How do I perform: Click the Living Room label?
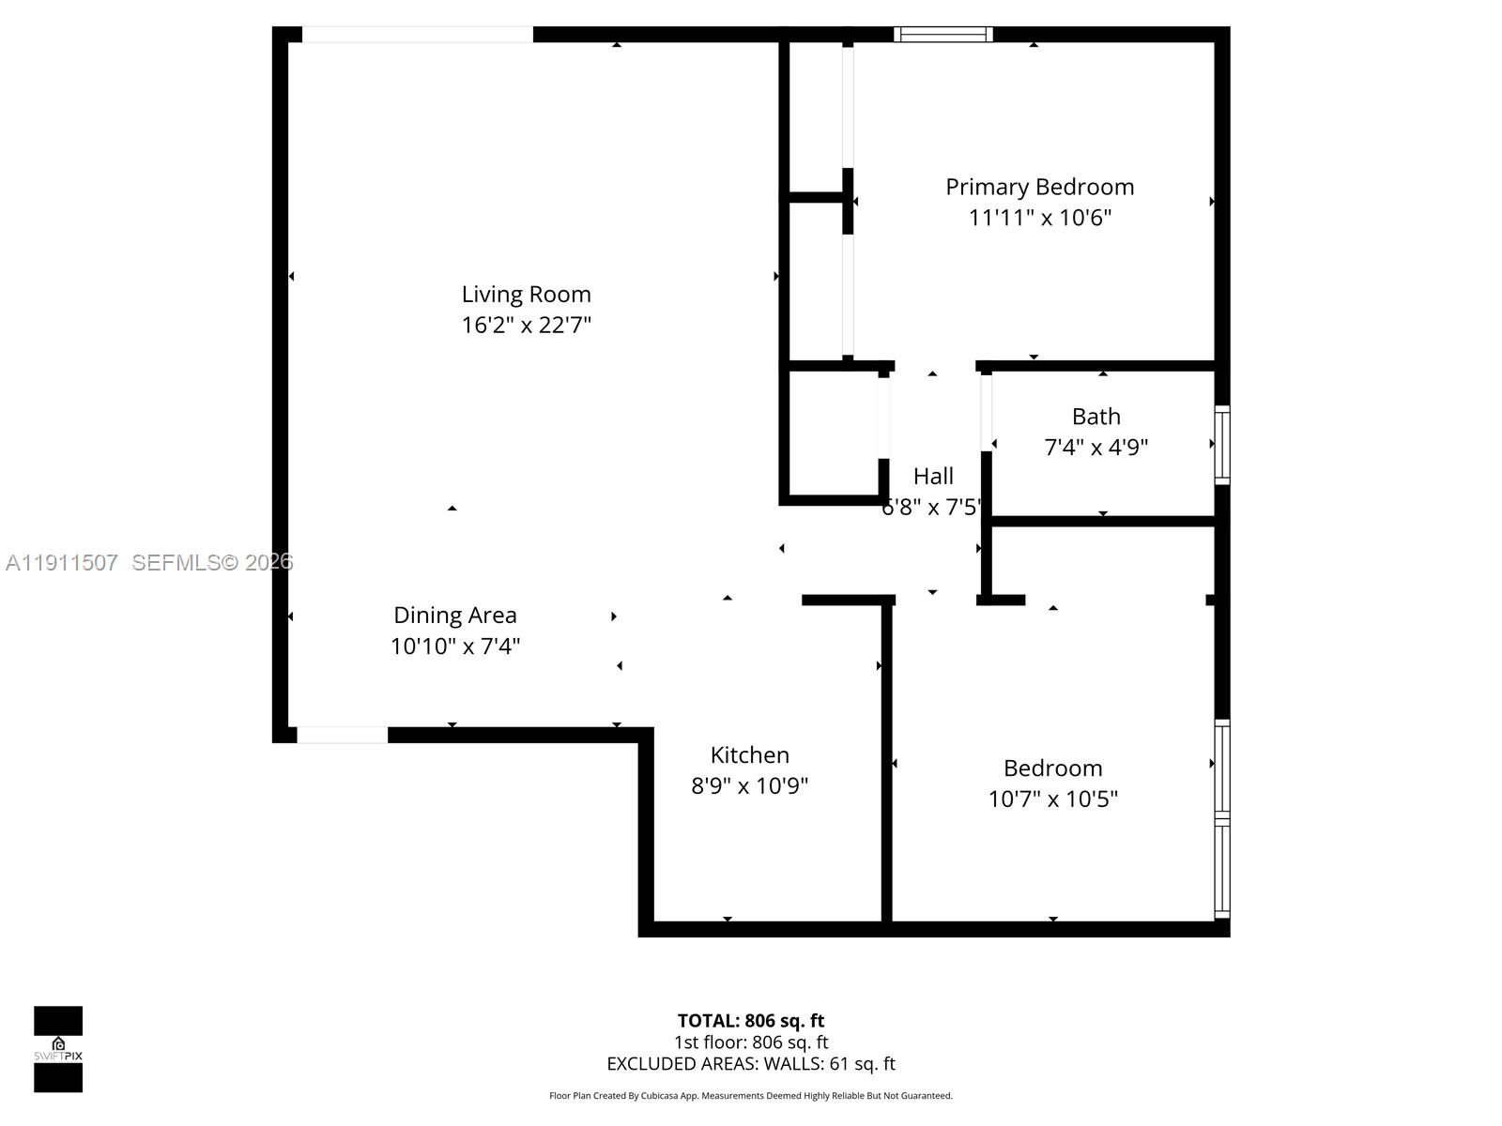(x=526, y=295)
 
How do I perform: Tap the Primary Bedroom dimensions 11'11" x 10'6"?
(x=1039, y=218)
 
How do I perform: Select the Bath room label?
(x=1096, y=417)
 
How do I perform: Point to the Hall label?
(x=933, y=477)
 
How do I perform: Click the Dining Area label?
(x=454, y=616)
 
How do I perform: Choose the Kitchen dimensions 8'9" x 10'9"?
(x=749, y=786)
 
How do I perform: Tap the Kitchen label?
(x=749, y=755)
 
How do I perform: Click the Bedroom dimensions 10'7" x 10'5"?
(x=1052, y=799)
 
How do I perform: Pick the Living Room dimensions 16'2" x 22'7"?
(x=526, y=326)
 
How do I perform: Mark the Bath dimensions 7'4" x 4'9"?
(x=1096, y=448)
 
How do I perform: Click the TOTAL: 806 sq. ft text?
(x=750, y=1021)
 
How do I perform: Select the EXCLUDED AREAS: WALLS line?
(x=750, y=1064)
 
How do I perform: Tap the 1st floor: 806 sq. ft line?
(x=750, y=1042)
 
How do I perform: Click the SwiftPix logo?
(x=58, y=1049)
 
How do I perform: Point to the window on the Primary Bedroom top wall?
(x=943, y=35)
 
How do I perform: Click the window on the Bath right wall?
(x=1222, y=445)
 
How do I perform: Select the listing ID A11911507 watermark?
(x=62, y=563)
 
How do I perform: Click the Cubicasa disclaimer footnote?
(x=750, y=1096)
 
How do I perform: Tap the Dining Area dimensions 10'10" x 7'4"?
(x=454, y=647)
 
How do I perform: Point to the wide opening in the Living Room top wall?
(x=417, y=35)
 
